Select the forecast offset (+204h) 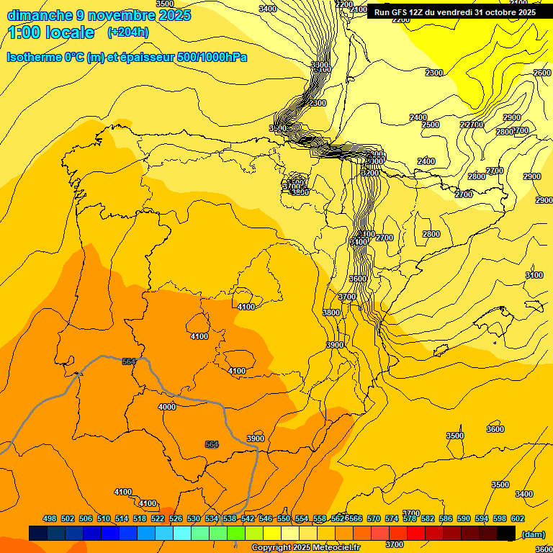pyautogui.click(x=128, y=32)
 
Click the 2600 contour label pyautogui.click(x=542, y=73)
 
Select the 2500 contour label pyautogui.click(x=430, y=125)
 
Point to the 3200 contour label pyautogui.click(x=370, y=173)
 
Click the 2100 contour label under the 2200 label pyautogui.click(x=358, y=10)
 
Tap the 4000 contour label pyautogui.click(x=166, y=407)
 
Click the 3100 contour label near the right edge pyautogui.click(x=534, y=275)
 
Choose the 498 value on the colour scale pyautogui.click(x=50, y=518)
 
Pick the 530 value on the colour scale pyautogui.click(x=194, y=518)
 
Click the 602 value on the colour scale pyautogui.click(x=518, y=518)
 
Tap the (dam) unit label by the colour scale pyautogui.click(x=533, y=534)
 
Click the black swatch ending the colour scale pyautogui.click(x=506, y=533)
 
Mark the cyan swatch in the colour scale pyautogui.click(x=182, y=533)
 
